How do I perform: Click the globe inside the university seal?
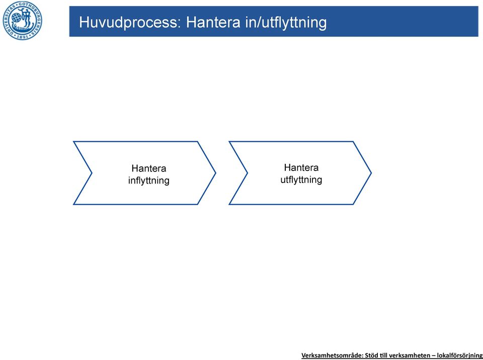[16, 18]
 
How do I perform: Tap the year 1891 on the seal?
[23, 37]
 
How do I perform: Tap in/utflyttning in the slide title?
[286, 23]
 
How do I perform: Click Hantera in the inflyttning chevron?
[149, 168]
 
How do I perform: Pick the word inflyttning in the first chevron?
[149, 181]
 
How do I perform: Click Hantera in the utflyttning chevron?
[301, 167]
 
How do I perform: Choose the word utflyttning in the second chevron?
[301, 179]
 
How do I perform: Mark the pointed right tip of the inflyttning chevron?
[215, 173]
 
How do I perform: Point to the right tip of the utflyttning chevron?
[371, 173]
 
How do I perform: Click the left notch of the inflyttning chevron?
[92, 173]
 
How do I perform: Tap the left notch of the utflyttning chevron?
[248, 173]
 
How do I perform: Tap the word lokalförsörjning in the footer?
[460, 355]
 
